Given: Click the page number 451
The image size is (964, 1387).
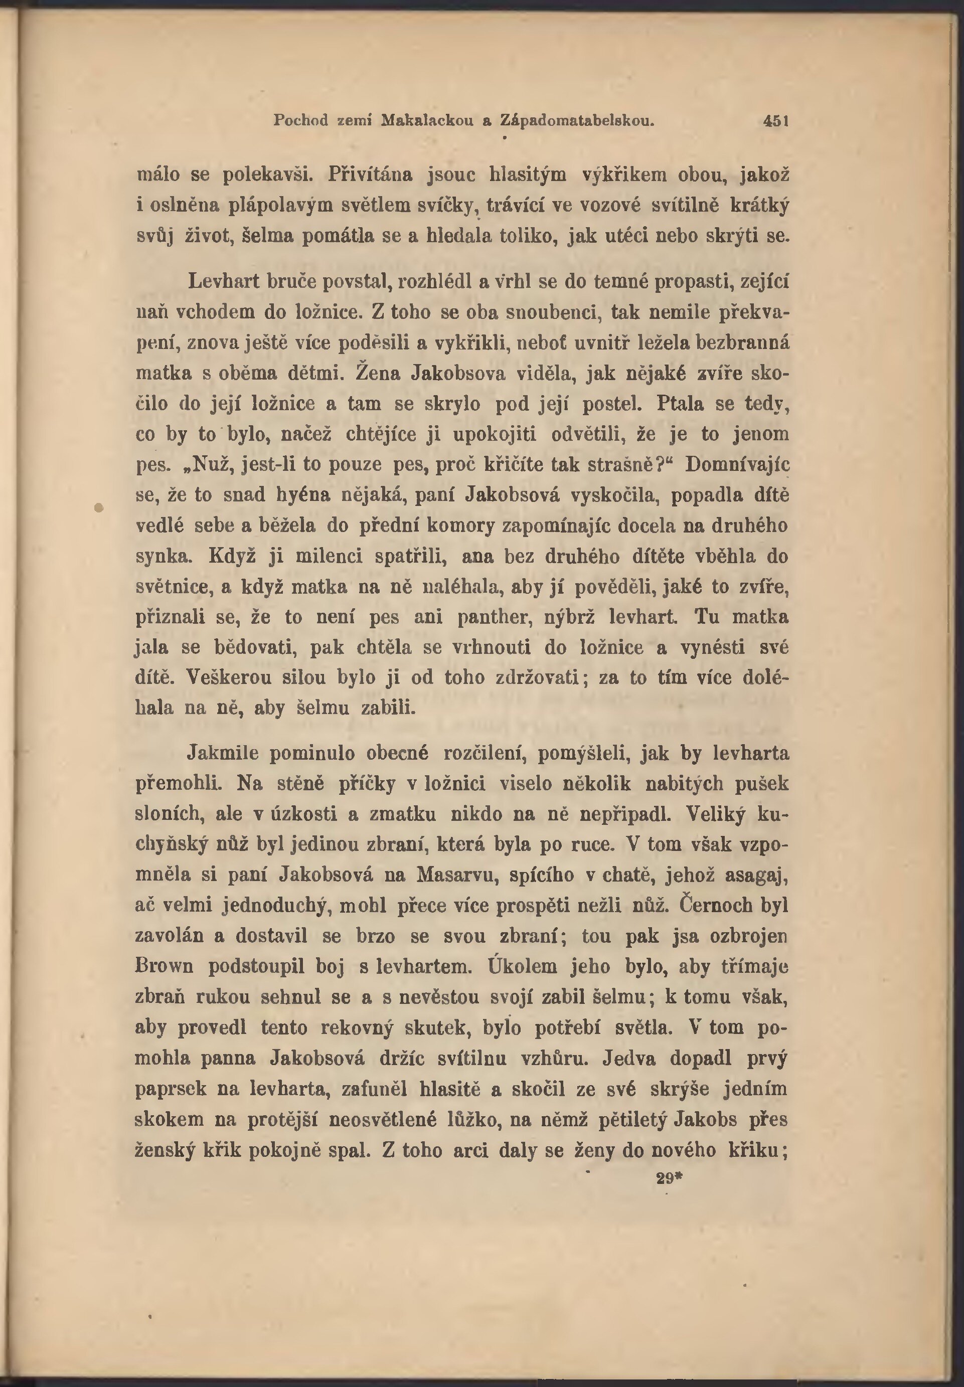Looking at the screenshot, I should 776,121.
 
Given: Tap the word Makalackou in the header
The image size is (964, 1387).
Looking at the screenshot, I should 427,120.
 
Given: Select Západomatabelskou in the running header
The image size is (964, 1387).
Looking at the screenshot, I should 577,120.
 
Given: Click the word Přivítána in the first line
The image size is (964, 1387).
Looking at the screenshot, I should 370,175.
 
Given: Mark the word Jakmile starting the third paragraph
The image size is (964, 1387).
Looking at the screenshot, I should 223,754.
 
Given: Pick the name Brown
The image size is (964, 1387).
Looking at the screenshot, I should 165,966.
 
